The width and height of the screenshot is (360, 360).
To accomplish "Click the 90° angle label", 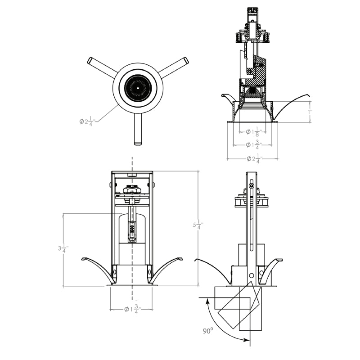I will (207, 331).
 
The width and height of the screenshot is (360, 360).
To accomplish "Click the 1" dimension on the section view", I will (310, 112).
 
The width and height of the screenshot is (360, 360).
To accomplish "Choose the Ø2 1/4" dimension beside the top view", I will (86, 121).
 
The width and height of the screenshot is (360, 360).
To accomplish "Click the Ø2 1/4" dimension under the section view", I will (253, 159).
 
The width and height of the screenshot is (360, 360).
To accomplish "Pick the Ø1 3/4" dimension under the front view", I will (132, 309).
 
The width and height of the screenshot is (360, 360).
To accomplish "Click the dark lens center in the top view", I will (137, 87).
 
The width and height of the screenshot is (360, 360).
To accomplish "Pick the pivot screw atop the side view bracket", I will (251, 186).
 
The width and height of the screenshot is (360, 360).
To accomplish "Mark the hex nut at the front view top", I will (132, 189).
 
